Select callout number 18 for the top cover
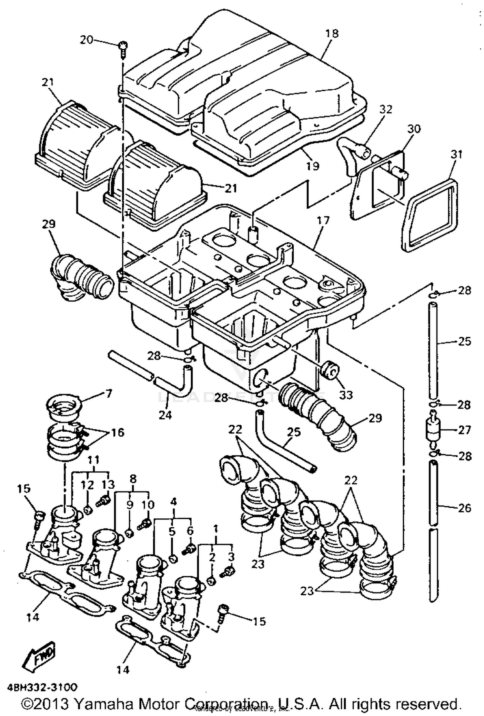point(332,33)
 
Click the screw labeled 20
point(124,49)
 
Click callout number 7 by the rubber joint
point(108,393)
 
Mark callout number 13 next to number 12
point(108,485)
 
